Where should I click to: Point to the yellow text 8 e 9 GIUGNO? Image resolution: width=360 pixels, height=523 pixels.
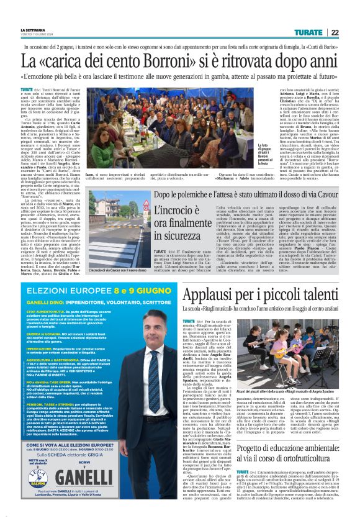[x=135, y=273]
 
